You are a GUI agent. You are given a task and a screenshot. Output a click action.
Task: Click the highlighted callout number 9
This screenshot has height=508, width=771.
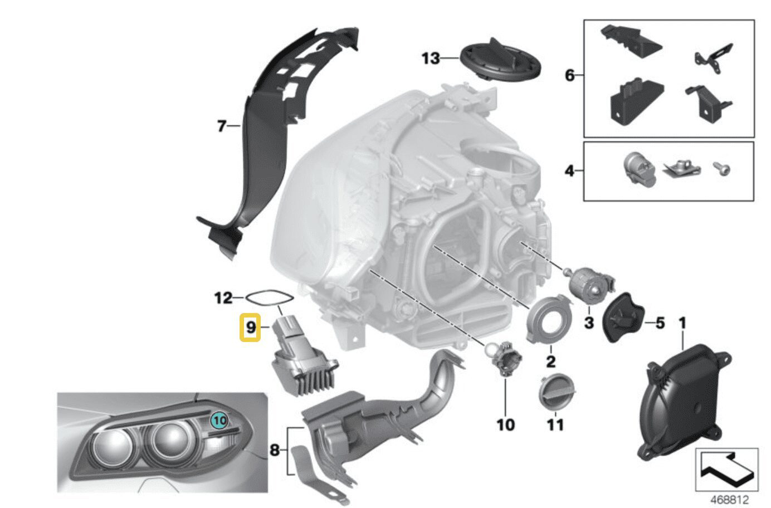point(250,328)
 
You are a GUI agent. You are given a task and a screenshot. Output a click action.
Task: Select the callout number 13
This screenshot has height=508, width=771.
point(430,58)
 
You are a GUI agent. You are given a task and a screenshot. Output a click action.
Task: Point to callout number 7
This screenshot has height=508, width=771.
point(221,127)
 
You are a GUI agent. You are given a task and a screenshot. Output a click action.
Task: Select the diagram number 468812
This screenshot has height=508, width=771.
point(729,500)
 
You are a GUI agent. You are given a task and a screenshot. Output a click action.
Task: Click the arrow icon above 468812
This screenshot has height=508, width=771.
point(726,469)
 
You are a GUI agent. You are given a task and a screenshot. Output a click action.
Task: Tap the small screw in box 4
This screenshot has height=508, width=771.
point(721,169)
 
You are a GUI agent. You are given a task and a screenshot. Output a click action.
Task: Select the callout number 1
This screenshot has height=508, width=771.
point(683,323)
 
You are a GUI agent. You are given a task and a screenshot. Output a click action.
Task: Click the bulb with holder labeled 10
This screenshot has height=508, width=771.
point(503,360)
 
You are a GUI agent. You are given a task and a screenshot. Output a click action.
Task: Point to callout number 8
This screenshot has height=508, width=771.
point(274,450)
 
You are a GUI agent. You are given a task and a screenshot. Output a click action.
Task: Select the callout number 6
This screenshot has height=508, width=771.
point(569,75)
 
